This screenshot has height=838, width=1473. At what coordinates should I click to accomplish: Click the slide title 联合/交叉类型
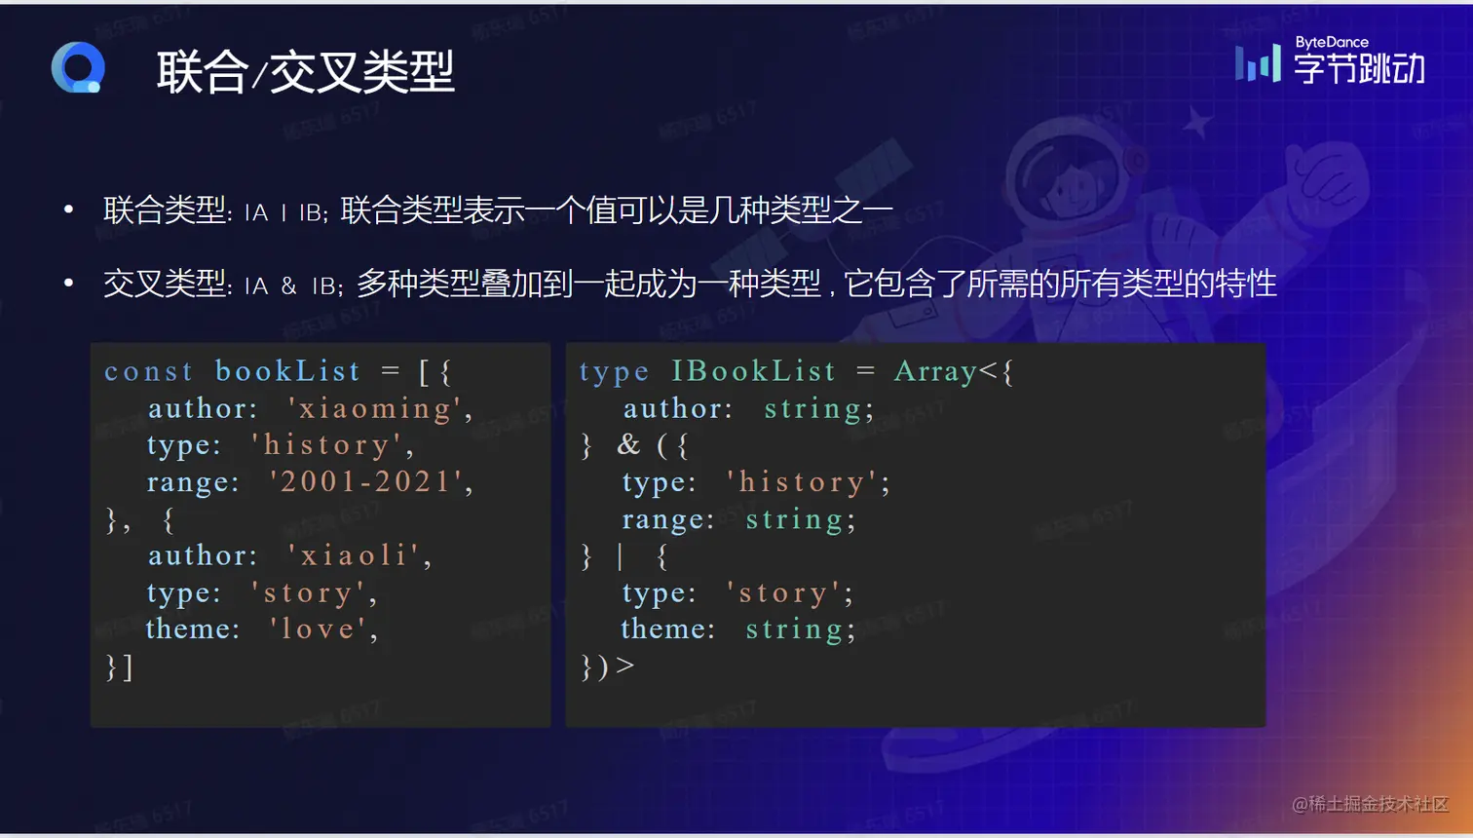305,72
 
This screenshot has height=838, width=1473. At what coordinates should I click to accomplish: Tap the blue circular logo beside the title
78,68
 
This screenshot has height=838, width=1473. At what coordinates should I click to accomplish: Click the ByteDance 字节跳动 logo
1331,61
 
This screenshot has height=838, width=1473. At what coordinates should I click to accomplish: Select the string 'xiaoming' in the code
374,408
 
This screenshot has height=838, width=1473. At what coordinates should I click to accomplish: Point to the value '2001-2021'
366,481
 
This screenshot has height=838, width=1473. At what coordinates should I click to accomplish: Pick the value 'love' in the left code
318,629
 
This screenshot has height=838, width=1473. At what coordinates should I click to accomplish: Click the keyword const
148,371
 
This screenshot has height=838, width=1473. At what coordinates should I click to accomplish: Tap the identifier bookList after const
287,371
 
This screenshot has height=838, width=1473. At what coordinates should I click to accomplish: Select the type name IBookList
753,371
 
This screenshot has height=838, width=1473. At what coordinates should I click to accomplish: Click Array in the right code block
935,371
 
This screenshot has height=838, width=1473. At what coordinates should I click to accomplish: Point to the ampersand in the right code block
628,444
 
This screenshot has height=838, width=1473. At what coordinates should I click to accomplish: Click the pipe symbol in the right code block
621,556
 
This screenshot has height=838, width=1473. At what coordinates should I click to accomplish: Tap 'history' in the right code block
803,482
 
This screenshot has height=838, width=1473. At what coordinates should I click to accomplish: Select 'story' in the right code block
784,593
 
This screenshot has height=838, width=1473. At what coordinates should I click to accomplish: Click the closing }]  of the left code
119,667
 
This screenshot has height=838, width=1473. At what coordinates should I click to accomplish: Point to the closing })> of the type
607,667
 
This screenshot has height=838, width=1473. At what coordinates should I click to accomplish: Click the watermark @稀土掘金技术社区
1370,804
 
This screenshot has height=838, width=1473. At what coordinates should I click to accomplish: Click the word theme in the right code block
667,629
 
